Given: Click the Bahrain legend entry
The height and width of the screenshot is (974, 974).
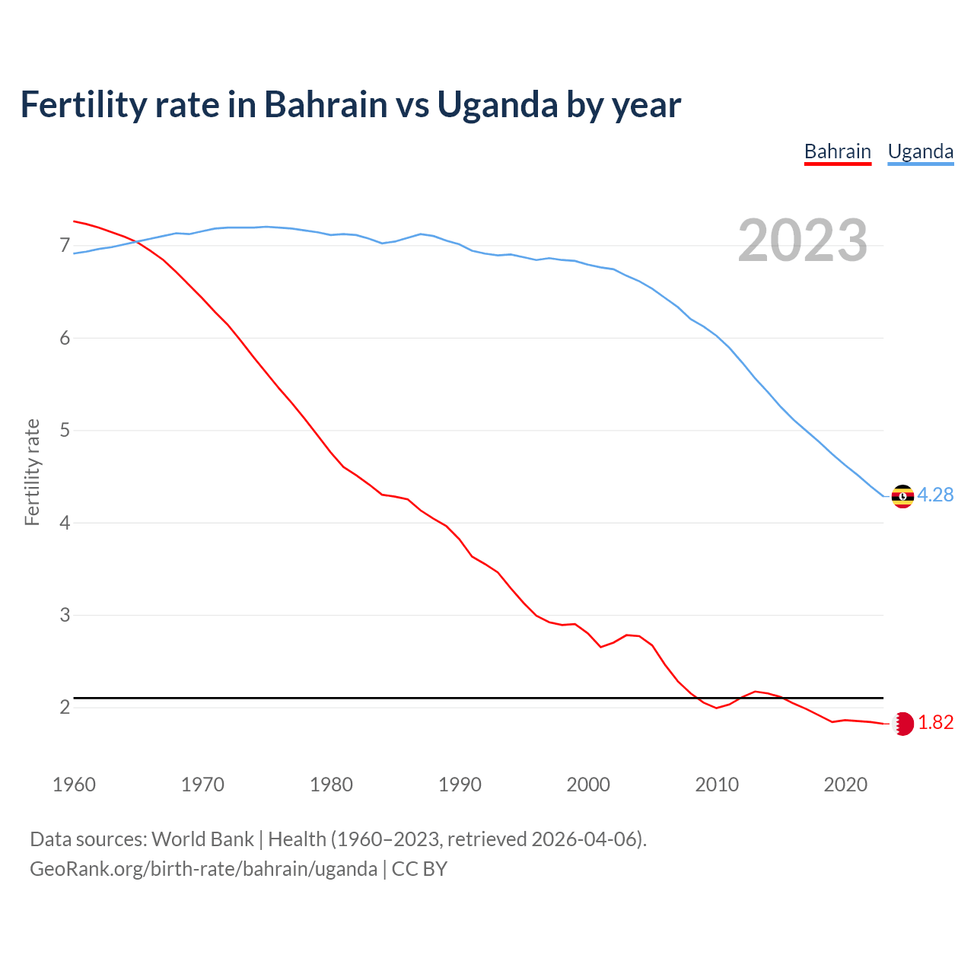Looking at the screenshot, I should coord(837,151).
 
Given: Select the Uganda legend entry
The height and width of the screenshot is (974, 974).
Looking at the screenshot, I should coord(920,151).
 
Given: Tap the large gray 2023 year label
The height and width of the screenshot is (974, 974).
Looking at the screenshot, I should coord(802,240).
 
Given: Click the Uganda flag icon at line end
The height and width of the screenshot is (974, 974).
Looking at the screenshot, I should coord(902,496).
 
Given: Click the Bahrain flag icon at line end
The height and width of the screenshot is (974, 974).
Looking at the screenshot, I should coord(902,724).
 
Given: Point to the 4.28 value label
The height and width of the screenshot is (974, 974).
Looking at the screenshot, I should coord(935,495).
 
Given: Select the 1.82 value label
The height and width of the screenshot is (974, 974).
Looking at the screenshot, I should coord(935,722).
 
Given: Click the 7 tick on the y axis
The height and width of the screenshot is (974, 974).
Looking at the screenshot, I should coord(65,245).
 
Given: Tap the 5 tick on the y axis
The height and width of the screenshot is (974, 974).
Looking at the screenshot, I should coord(65,431).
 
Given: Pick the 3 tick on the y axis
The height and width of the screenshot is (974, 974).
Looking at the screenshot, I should coord(65,615).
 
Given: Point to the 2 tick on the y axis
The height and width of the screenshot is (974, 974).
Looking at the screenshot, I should coord(65,708).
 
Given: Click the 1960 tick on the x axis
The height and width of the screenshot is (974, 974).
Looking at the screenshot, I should coord(74,785).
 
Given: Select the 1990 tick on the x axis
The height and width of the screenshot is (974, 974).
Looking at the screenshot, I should coord(460,785).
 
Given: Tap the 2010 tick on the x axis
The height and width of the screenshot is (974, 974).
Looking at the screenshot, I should coord(717,785).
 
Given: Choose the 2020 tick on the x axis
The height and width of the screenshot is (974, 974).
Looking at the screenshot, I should coord(845,785).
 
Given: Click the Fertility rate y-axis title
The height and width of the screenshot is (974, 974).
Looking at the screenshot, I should coord(32,472).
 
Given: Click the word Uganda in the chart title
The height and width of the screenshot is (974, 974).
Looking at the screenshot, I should coord(497,105).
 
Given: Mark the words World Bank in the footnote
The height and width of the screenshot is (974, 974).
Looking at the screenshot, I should coord(202,839).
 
